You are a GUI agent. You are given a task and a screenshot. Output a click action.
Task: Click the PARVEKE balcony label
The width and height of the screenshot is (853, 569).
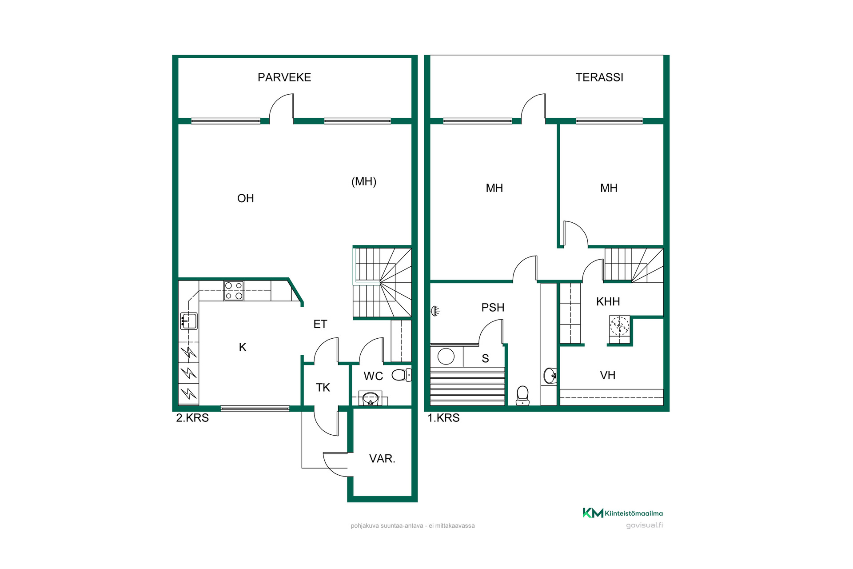click(x=284, y=77)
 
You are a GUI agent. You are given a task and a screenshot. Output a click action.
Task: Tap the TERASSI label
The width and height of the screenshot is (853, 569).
click(x=599, y=77)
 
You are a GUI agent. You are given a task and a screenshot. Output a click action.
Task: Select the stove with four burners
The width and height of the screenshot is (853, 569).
click(x=234, y=291)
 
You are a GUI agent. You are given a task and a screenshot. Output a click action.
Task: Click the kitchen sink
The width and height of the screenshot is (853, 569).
click(x=189, y=321)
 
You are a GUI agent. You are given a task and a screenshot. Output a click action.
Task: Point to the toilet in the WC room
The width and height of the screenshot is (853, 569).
click(x=402, y=375)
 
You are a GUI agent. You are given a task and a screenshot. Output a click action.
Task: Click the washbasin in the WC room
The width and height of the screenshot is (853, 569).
click(x=370, y=399)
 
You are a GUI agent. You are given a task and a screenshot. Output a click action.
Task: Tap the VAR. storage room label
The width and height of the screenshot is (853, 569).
click(x=382, y=458)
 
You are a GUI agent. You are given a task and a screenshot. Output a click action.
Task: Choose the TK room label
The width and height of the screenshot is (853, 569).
click(x=323, y=388)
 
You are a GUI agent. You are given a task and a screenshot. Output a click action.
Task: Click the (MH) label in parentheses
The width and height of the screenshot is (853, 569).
click(x=364, y=181)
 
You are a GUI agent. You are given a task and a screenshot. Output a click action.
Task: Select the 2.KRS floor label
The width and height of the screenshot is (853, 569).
click(x=192, y=418)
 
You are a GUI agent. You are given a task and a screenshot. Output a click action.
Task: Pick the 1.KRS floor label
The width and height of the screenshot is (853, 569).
click(x=443, y=418)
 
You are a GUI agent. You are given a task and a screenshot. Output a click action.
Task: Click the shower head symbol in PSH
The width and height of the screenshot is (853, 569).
click(x=435, y=311)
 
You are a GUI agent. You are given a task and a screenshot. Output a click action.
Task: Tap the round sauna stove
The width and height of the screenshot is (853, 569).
click(x=446, y=357)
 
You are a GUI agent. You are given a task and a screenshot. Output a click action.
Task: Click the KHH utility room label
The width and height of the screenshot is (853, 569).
click(x=608, y=301)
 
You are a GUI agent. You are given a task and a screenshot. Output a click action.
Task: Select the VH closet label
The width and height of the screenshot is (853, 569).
click(x=608, y=375)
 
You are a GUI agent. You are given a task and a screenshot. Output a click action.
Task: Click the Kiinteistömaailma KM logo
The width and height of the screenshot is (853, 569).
click(x=622, y=513)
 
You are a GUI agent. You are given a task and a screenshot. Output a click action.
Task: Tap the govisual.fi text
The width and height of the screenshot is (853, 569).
click(x=644, y=525)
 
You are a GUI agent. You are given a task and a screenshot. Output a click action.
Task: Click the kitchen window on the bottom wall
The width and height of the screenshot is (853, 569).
click(x=255, y=409)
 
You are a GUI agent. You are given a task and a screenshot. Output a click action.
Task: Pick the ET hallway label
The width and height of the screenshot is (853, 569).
click(x=320, y=324)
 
